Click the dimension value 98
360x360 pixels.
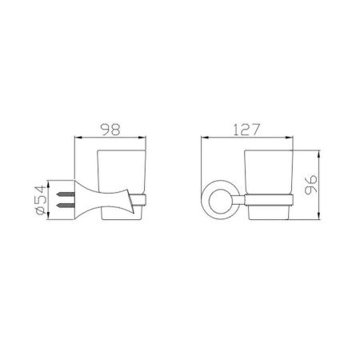110,130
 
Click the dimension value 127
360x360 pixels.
246,130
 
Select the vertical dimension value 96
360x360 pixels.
311,185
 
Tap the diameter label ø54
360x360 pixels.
41,200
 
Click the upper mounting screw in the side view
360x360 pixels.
65,194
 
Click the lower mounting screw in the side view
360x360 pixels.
65,205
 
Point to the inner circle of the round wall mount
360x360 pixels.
221,201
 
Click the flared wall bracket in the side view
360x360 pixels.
102,200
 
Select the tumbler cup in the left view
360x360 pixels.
122,185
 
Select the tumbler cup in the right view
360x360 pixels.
269,185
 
